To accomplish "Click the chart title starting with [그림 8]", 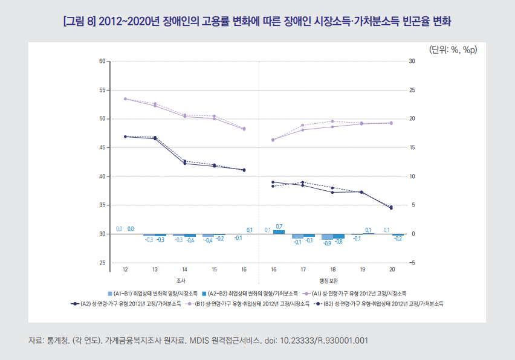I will [257, 22].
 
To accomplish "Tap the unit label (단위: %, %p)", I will [453, 50].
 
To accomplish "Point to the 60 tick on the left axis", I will [102, 62].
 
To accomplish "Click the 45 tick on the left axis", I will [102, 148].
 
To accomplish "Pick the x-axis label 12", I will [125, 270].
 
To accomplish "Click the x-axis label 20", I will [392, 270].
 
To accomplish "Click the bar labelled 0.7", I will [279, 232].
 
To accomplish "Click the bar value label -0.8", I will [338, 242].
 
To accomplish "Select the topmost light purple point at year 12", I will [125, 98].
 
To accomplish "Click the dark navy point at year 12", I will [125, 137].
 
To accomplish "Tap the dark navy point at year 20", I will [392, 208].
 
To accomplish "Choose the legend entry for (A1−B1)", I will [152, 292].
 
